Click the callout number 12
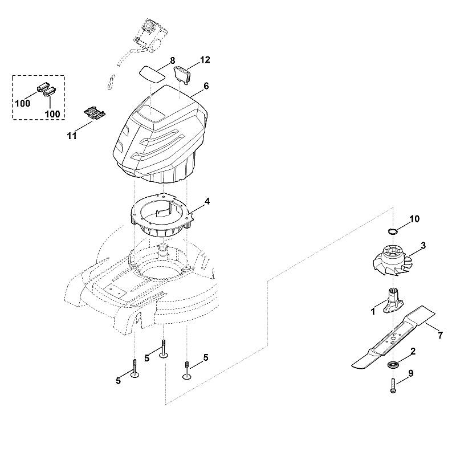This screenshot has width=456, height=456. [205, 60]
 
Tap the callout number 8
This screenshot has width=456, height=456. [173, 61]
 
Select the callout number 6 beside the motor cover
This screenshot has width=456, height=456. [206, 86]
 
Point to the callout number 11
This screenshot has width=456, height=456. [72, 136]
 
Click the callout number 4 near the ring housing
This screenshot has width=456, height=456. [207, 201]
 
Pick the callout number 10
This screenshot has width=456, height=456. [415, 219]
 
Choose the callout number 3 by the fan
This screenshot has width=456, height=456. [423, 246]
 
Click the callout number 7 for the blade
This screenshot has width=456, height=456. [440, 336]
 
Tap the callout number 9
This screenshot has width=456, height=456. [410, 373]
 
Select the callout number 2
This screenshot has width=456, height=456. [413, 351]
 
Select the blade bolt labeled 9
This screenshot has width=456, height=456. [393, 386]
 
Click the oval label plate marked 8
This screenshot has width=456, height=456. [152, 74]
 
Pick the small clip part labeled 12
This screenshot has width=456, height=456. [182, 74]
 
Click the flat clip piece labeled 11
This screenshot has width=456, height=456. [95, 113]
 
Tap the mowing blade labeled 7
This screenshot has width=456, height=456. [393, 337]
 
